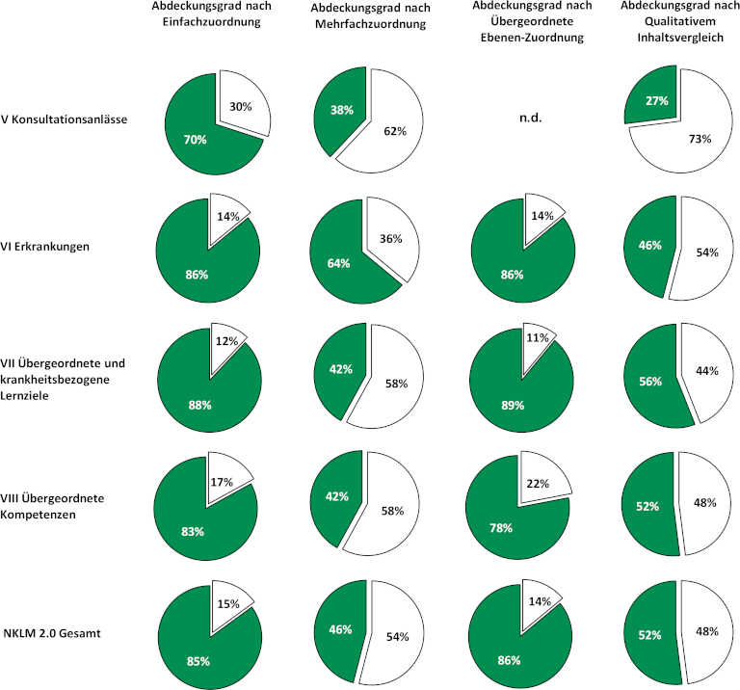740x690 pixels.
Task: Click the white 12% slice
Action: (x=225, y=341)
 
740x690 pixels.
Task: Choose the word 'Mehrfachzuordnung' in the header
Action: (x=370, y=25)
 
